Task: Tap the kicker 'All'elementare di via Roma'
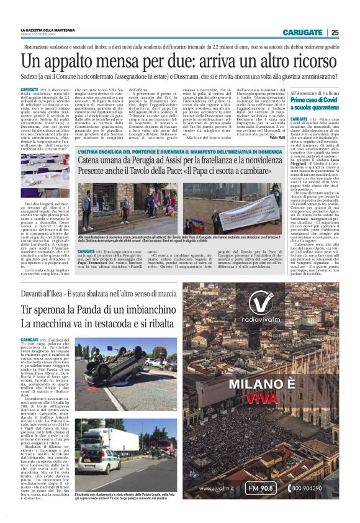(315, 93)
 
